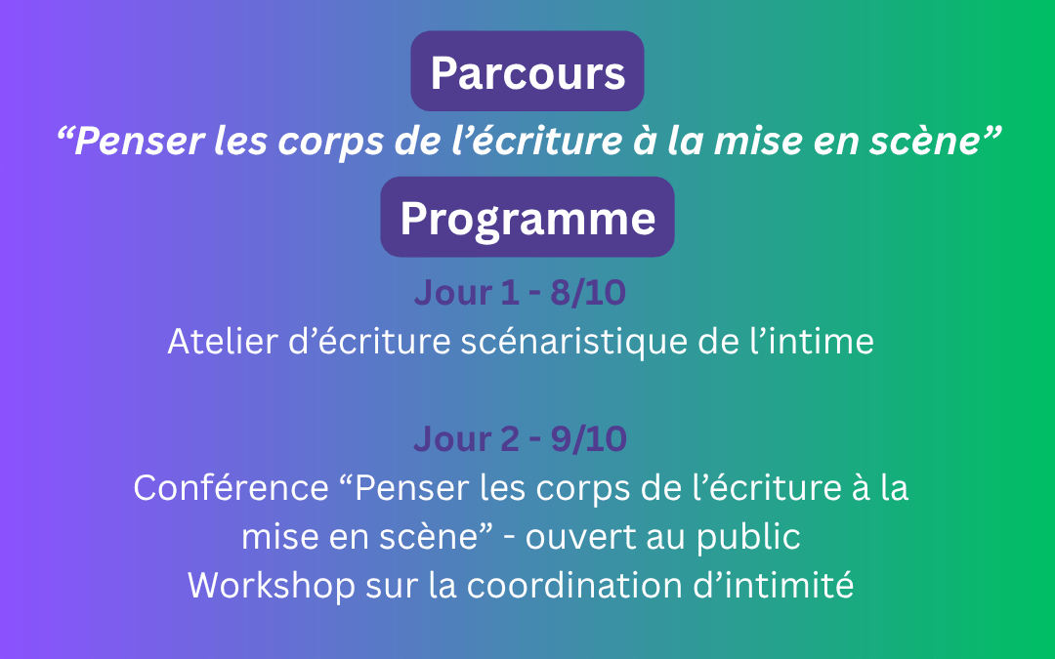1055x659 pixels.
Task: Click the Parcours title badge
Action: [x=527, y=72]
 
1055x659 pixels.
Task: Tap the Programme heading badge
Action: [x=527, y=218]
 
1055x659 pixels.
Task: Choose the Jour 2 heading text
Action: [x=467, y=439]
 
